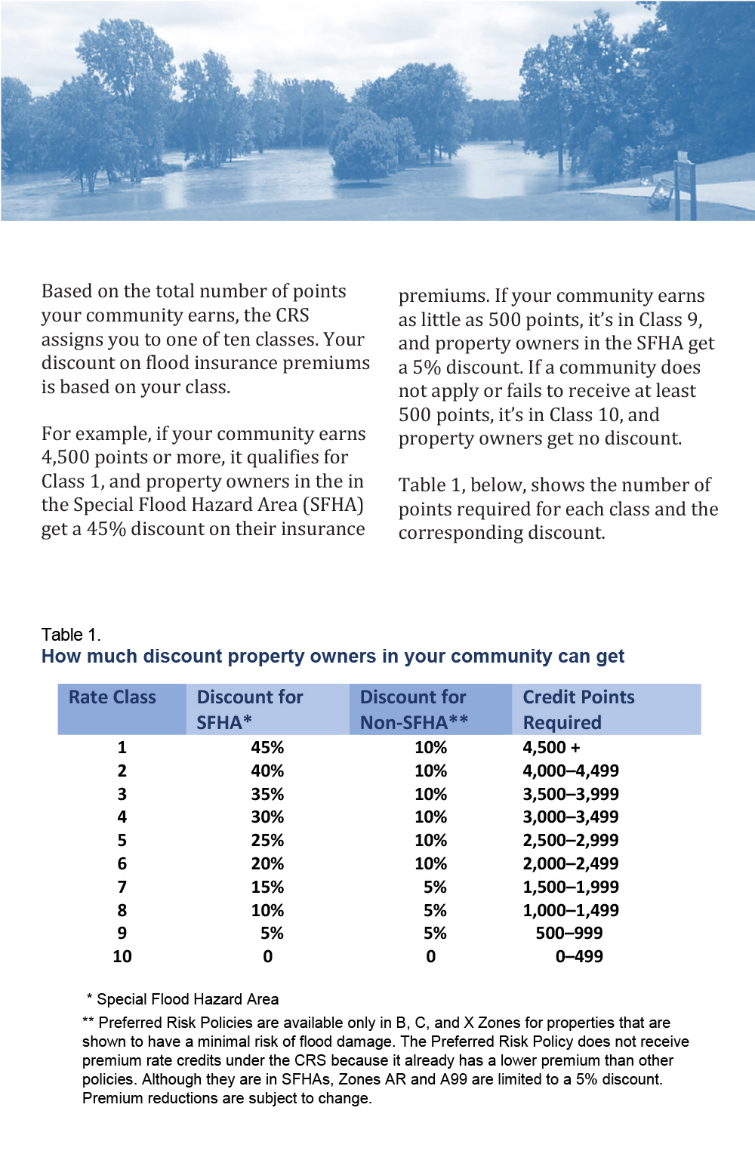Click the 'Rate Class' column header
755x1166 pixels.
[112, 697]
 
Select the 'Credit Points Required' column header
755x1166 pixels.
[578, 709]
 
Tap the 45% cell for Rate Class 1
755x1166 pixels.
[267, 748]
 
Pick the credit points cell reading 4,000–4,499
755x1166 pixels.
[570, 771]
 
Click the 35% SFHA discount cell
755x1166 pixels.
[267, 795]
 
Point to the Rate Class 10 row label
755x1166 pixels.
[122, 957]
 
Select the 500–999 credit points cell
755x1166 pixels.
[569, 934]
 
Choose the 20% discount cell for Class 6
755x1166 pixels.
[267, 864]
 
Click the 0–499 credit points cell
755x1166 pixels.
[579, 957]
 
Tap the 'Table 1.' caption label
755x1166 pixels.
[71, 635]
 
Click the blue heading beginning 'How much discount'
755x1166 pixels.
[333, 657]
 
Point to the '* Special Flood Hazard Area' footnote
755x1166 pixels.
[183, 999]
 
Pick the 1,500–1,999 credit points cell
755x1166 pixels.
[570, 888]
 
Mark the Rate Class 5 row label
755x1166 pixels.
[122, 841]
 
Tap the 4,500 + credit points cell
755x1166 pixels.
[552, 748]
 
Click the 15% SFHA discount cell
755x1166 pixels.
[267, 888]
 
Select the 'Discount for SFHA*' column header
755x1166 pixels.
[250, 709]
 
